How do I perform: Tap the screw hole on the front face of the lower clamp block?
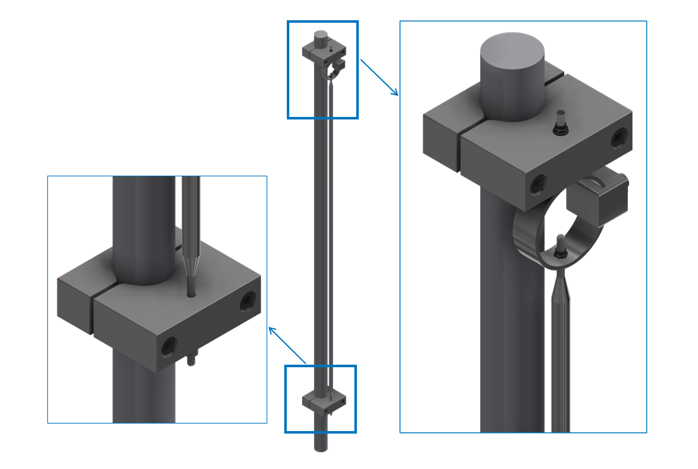[x=169, y=345]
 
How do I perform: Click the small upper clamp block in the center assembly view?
[x=324, y=49]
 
